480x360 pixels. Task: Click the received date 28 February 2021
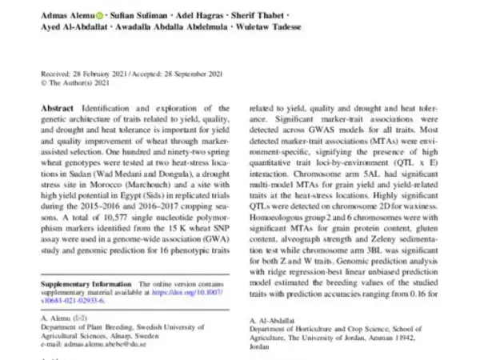[89, 73]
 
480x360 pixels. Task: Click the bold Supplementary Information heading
[86, 284]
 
